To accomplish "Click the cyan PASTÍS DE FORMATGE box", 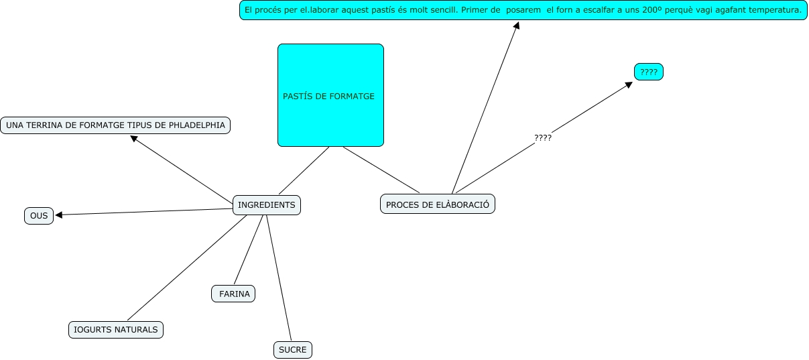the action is click(330, 95).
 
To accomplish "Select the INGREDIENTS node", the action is click(266, 204).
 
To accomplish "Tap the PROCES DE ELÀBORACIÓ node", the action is click(437, 204).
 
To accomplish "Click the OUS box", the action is click(39, 215).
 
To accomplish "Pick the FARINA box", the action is click(234, 294).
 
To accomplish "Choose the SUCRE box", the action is click(293, 349).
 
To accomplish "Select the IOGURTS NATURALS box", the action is click(116, 329).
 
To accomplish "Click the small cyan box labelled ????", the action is click(648, 72).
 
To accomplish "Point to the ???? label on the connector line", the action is click(543, 137).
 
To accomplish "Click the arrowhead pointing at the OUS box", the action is click(59, 215).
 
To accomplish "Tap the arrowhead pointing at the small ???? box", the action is click(629, 84).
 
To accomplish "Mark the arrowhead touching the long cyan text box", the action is click(517, 25).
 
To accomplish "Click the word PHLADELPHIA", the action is click(197, 125).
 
